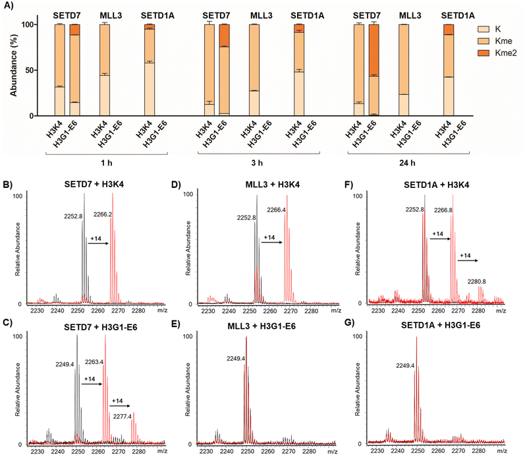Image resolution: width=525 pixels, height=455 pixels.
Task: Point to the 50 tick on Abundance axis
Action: point(25,71)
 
